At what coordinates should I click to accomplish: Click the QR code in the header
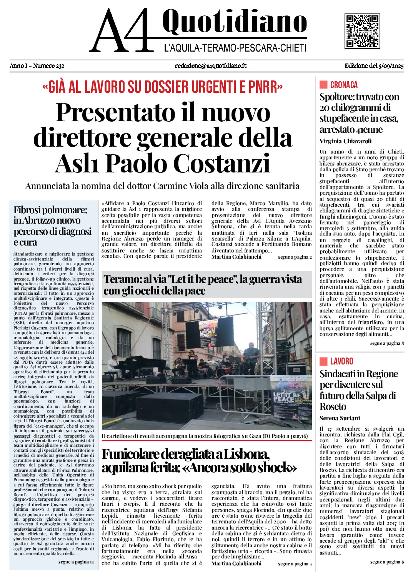(x=362, y=31)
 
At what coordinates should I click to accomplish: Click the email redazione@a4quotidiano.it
(x=210, y=66)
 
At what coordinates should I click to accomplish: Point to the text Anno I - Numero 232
(x=37, y=66)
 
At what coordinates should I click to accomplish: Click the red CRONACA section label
(x=343, y=85)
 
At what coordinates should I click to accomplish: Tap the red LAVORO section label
(x=341, y=361)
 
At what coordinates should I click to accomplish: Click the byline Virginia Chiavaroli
(x=345, y=141)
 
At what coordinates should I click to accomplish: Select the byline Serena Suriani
(x=340, y=418)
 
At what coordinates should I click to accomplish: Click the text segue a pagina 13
(x=76, y=562)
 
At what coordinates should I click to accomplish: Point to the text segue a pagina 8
(x=387, y=343)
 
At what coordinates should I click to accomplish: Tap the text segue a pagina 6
(x=387, y=562)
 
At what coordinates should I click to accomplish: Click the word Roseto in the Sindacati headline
(x=333, y=407)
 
